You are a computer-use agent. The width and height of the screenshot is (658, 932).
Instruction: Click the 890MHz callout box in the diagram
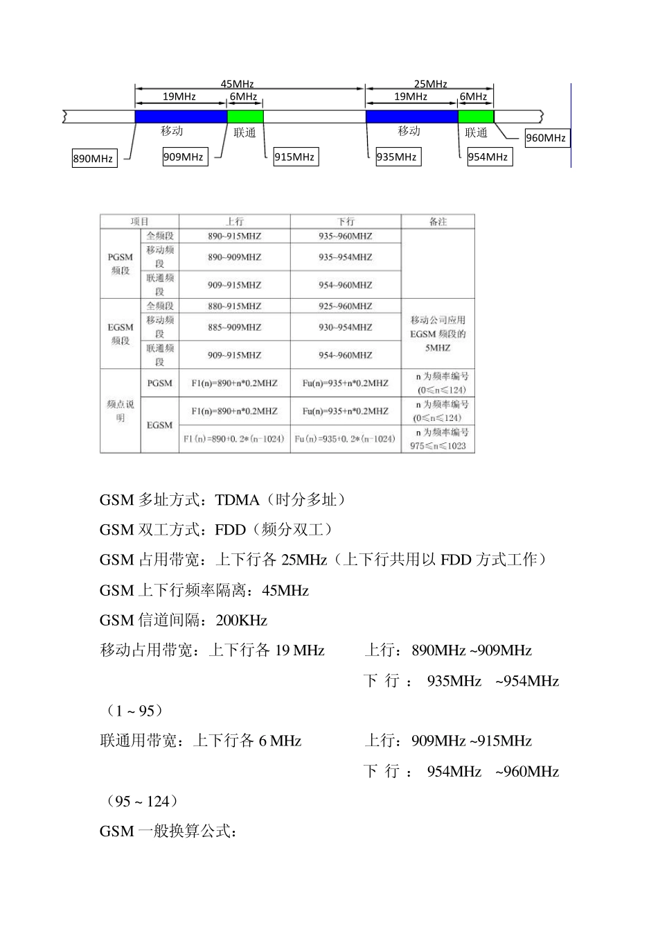[x=94, y=158]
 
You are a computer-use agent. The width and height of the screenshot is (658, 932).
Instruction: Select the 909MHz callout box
[x=184, y=157]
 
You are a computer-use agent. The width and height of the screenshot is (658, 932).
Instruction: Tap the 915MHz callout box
[x=294, y=157]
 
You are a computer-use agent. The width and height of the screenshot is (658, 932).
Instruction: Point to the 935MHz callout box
[x=396, y=157]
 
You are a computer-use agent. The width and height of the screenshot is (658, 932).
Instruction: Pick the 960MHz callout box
[x=546, y=137]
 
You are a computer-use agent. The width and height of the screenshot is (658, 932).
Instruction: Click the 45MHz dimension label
[x=237, y=84]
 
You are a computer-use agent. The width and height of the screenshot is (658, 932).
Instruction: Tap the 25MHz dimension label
[x=430, y=84]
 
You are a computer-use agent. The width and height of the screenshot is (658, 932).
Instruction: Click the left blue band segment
[x=181, y=116]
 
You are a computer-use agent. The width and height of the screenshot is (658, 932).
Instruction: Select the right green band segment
[x=476, y=116]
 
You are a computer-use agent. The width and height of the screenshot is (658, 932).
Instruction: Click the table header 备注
[x=438, y=222]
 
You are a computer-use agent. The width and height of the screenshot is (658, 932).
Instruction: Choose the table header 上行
[x=234, y=222]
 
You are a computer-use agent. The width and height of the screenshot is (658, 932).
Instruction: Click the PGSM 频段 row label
[x=121, y=264]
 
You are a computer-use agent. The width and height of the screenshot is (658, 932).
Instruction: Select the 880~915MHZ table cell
[x=234, y=306]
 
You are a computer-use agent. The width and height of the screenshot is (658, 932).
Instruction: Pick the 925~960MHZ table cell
[x=345, y=306]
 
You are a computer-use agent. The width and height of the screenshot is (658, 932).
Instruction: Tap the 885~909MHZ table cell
[x=234, y=327]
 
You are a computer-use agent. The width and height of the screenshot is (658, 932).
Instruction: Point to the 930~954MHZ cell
[x=345, y=327]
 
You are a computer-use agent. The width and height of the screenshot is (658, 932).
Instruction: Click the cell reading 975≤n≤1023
[x=438, y=446]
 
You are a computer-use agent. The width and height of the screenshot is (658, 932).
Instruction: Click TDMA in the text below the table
[x=237, y=500]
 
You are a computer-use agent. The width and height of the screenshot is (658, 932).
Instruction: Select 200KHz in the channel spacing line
[x=241, y=621]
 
